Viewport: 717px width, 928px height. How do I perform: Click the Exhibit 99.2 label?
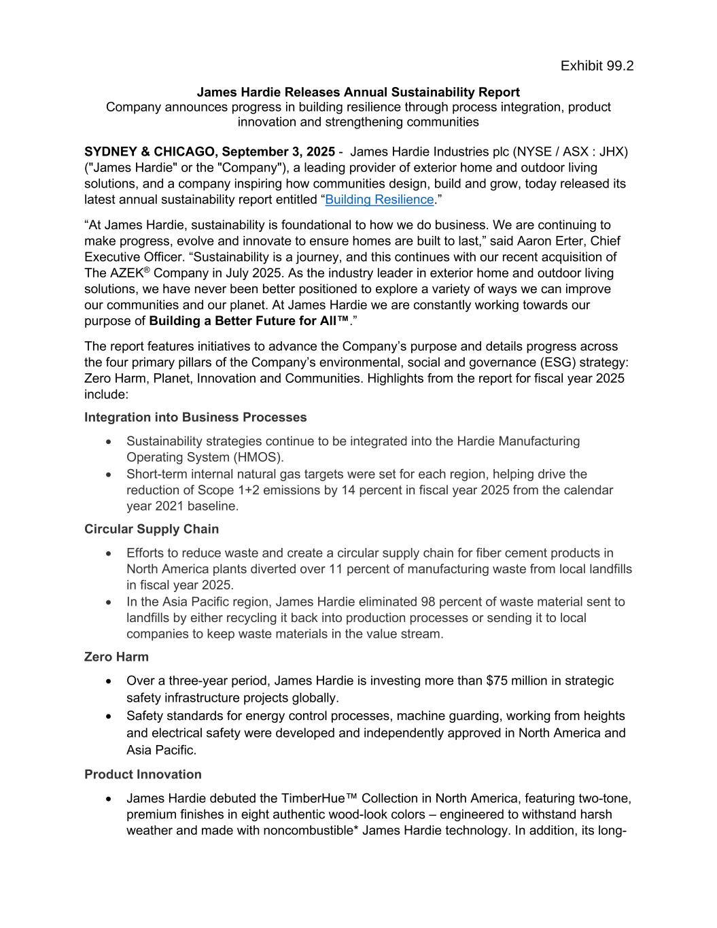[597, 66]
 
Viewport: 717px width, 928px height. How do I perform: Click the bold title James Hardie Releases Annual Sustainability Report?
[358, 92]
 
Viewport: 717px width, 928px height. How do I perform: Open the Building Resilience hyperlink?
[379, 200]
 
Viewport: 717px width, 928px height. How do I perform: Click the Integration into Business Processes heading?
[195, 417]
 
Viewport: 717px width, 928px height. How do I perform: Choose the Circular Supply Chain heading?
[152, 529]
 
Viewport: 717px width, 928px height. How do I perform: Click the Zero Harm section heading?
[116, 657]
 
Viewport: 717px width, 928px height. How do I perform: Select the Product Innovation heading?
[143, 774]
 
